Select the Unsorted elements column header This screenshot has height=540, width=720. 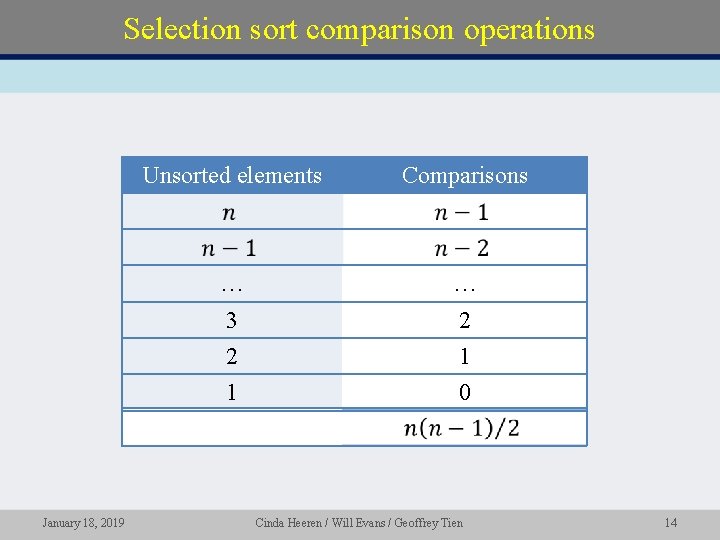[x=232, y=176]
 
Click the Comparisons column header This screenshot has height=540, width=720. [x=464, y=176]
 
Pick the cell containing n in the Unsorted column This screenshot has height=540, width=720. [x=230, y=212]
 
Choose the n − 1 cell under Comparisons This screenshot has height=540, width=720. [x=462, y=212]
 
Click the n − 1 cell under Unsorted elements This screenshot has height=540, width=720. [x=229, y=248]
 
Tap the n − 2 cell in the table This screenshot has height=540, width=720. [x=462, y=248]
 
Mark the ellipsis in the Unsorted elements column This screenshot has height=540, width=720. [x=231, y=287]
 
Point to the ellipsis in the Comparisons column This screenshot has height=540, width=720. [x=464, y=287]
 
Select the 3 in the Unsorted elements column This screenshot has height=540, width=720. [x=231, y=321]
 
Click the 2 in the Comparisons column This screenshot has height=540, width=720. [x=464, y=321]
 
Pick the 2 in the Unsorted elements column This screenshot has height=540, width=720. [x=231, y=357]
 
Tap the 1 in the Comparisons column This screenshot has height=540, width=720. [x=464, y=357]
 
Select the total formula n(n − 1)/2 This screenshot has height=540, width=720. [x=462, y=429]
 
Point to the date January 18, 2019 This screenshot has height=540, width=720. [x=83, y=522]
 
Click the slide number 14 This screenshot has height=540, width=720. [x=670, y=522]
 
